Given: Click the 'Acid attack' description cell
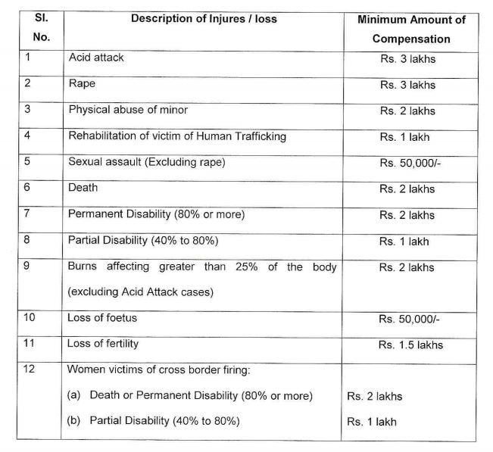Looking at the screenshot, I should tap(96, 57).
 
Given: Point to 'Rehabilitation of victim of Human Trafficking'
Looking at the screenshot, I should tap(176, 136).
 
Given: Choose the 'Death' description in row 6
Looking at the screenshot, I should tap(83, 188).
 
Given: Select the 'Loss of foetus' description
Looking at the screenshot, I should tap(100, 318).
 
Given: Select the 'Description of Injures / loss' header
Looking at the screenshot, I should tap(204, 19).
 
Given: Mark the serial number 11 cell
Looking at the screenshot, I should tap(30, 343).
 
